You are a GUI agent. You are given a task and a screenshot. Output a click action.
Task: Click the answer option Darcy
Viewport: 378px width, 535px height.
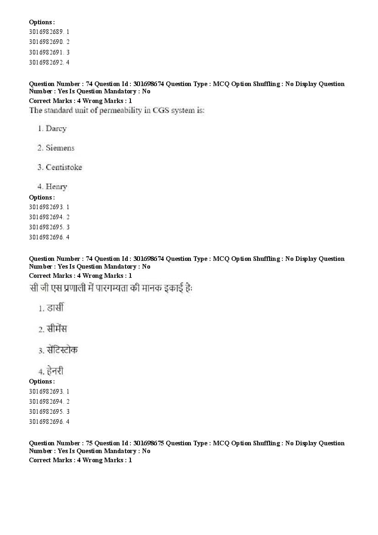coord(56,129)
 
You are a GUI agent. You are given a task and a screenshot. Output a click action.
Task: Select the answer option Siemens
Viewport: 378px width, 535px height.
coord(59,148)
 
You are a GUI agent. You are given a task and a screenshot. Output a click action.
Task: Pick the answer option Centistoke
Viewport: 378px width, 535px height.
coord(64,167)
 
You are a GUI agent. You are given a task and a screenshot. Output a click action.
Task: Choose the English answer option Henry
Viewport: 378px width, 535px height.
coord(56,186)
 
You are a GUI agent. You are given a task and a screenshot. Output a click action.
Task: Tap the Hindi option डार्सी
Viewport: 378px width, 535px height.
coord(55,308)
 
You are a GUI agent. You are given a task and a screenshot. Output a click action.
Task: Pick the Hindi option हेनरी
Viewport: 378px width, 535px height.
coord(55,371)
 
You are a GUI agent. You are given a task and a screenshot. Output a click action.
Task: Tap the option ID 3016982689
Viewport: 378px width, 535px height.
coord(45,32)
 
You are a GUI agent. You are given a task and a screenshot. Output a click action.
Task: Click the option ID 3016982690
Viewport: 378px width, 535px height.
coord(45,42)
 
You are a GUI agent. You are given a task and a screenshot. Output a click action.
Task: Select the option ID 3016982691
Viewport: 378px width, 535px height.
coord(45,52)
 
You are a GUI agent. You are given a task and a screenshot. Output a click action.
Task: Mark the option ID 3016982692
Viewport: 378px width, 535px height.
coord(45,62)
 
